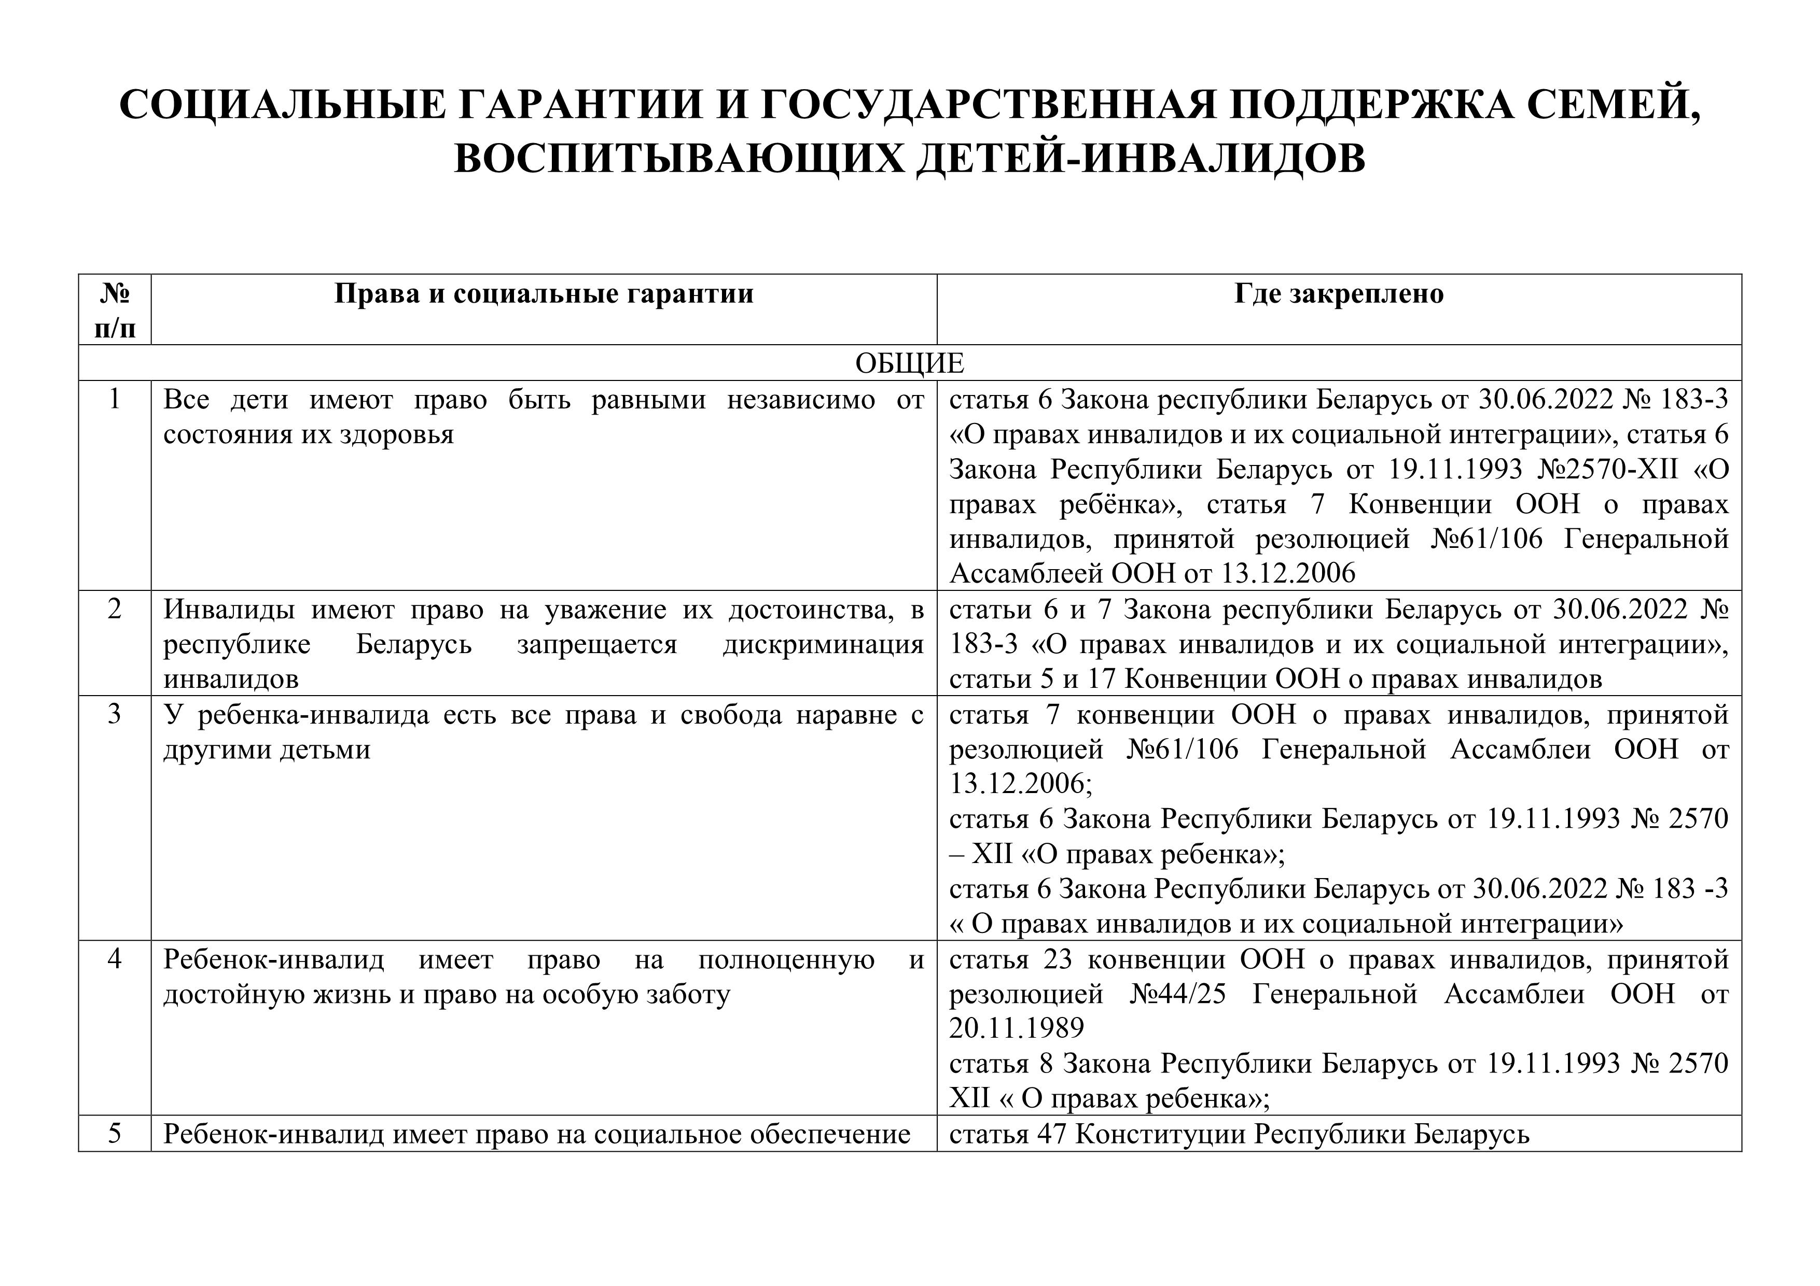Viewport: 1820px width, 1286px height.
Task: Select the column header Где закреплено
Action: [1339, 294]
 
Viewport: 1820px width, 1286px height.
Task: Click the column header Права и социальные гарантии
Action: [544, 294]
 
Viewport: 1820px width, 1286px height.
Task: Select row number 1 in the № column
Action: [115, 399]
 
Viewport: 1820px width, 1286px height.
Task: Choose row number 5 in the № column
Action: [115, 1134]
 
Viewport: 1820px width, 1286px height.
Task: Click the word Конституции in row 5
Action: [1160, 1135]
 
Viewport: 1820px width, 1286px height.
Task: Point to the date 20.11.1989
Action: [1016, 1028]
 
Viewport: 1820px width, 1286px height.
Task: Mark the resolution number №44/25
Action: [1176, 994]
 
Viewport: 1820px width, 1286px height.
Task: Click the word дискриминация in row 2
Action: [823, 645]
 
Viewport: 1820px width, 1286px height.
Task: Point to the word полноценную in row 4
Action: [786, 959]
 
